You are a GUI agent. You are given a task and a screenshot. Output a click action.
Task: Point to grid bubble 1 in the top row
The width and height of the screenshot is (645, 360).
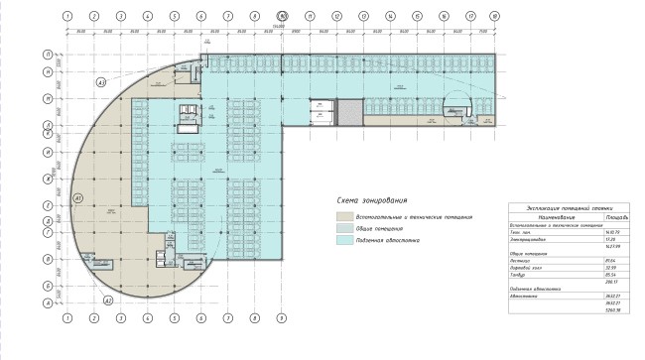point(65,17)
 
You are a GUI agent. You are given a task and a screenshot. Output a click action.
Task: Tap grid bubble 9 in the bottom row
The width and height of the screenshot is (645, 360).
point(282,318)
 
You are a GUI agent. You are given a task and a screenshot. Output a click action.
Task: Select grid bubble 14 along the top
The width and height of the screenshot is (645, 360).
point(388,17)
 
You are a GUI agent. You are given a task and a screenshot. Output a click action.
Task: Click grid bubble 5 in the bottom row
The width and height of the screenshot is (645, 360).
point(174,318)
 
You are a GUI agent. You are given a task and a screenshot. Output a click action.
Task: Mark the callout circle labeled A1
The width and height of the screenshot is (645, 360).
point(76,198)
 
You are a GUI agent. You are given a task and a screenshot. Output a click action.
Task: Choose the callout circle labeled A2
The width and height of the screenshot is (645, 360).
point(109,298)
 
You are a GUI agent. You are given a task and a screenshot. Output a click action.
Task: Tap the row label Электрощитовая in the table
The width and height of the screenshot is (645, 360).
point(526,239)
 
